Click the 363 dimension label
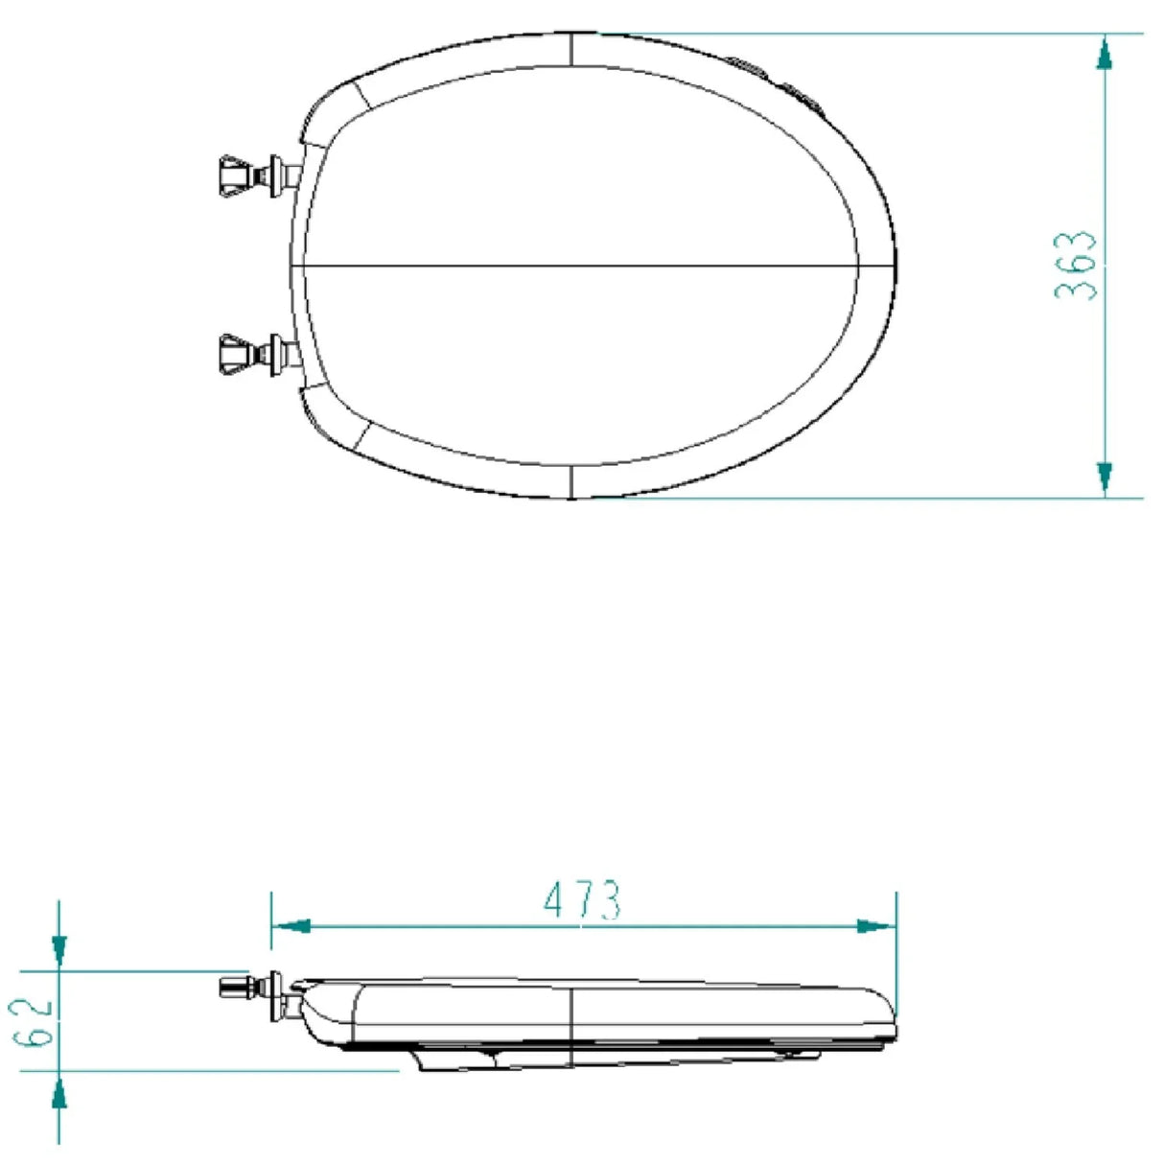[x=1075, y=265]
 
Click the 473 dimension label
[x=582, y=900]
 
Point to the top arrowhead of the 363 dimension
[x=1105, y=52]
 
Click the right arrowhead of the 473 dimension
[x=875, y=926]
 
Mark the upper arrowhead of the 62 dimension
[x=58, y=950]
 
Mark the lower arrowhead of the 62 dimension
[x=58, y=1091]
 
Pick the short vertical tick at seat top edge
[x=570, y=50]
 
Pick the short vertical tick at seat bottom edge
[x=570, y=482]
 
